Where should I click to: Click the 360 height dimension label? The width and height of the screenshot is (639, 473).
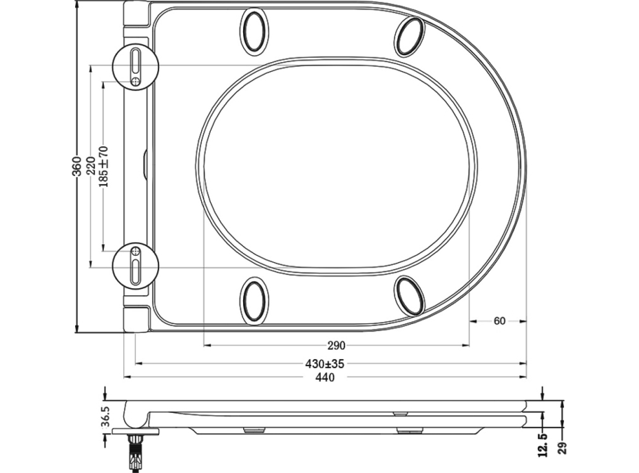tap(77, 165)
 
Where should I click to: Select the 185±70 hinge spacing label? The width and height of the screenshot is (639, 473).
tap(103, 165)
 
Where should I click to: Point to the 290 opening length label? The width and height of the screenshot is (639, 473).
tap(336, 345)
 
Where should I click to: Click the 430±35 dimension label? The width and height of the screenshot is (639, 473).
tap(324, 363)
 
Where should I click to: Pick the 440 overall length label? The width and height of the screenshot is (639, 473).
tap(324, 378)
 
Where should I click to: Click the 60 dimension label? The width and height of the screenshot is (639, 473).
tap(499, 321)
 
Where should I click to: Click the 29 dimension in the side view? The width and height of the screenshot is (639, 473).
tap(563, 447)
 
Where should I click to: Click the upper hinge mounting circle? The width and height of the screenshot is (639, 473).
tap(135, 66)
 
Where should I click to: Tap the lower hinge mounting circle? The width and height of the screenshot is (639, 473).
tap(135, 265)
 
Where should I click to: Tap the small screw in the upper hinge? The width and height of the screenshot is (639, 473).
tap(136, 81)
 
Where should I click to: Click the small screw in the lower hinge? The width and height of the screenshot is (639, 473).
tap(136, 250)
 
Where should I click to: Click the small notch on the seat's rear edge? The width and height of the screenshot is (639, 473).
tap(144, 165)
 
